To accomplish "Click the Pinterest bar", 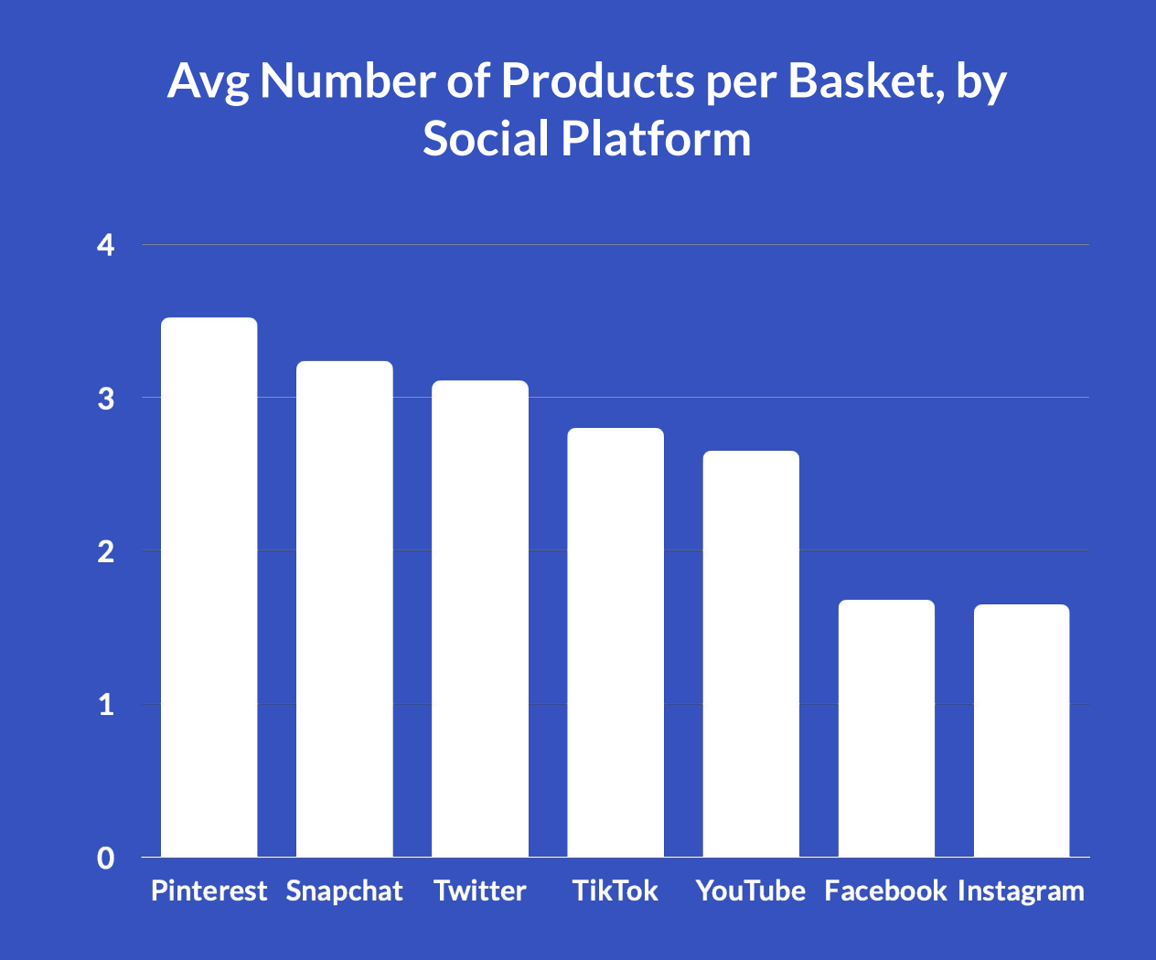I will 209,587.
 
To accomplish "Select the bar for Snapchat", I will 345,609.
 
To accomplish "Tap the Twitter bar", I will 480,619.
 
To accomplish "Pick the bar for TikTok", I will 615,642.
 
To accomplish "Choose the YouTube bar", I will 751,654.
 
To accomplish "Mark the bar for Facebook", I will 886,728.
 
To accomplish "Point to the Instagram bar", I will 1022,731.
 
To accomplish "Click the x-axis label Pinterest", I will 209,891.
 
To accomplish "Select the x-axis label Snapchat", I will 345,891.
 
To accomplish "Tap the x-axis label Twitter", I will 480,891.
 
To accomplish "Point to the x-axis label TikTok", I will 615,891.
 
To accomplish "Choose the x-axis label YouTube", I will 751,891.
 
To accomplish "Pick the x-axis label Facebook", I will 885,891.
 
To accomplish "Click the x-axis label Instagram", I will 1021,891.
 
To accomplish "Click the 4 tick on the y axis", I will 106,245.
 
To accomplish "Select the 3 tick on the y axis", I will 106,399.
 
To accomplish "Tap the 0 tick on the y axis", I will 106,858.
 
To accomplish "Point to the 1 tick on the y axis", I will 106,705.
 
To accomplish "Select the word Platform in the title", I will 655,139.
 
